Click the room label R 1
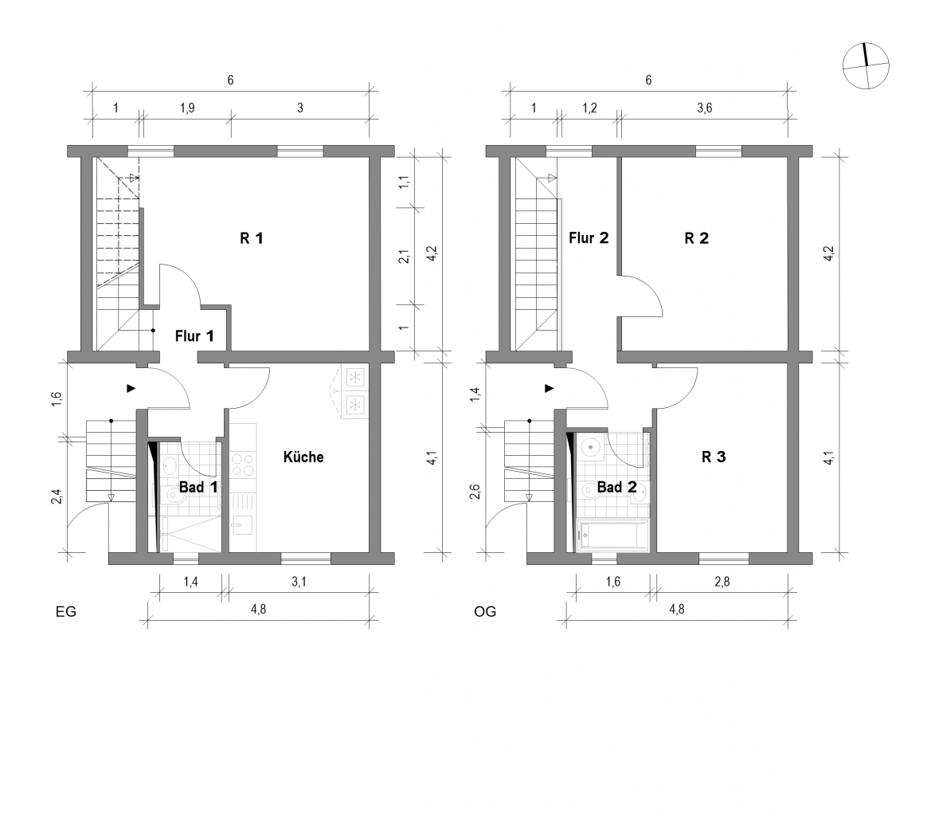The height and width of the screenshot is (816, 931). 251,237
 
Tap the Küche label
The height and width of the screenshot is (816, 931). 303,457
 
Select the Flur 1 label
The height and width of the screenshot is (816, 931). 194,335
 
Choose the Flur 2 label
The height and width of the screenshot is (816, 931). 589,237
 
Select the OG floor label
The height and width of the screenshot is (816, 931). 484,612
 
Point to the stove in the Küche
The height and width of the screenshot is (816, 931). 242,465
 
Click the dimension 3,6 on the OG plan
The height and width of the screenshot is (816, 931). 704,108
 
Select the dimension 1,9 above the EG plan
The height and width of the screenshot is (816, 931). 186,108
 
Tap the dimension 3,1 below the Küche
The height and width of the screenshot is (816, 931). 299,583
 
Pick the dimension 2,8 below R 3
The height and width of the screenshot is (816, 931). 722,583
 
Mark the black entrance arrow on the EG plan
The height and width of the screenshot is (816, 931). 131,388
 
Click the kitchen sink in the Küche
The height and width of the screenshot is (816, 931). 242,524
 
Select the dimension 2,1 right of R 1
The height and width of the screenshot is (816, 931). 404,256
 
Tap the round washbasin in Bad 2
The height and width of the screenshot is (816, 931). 590,446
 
